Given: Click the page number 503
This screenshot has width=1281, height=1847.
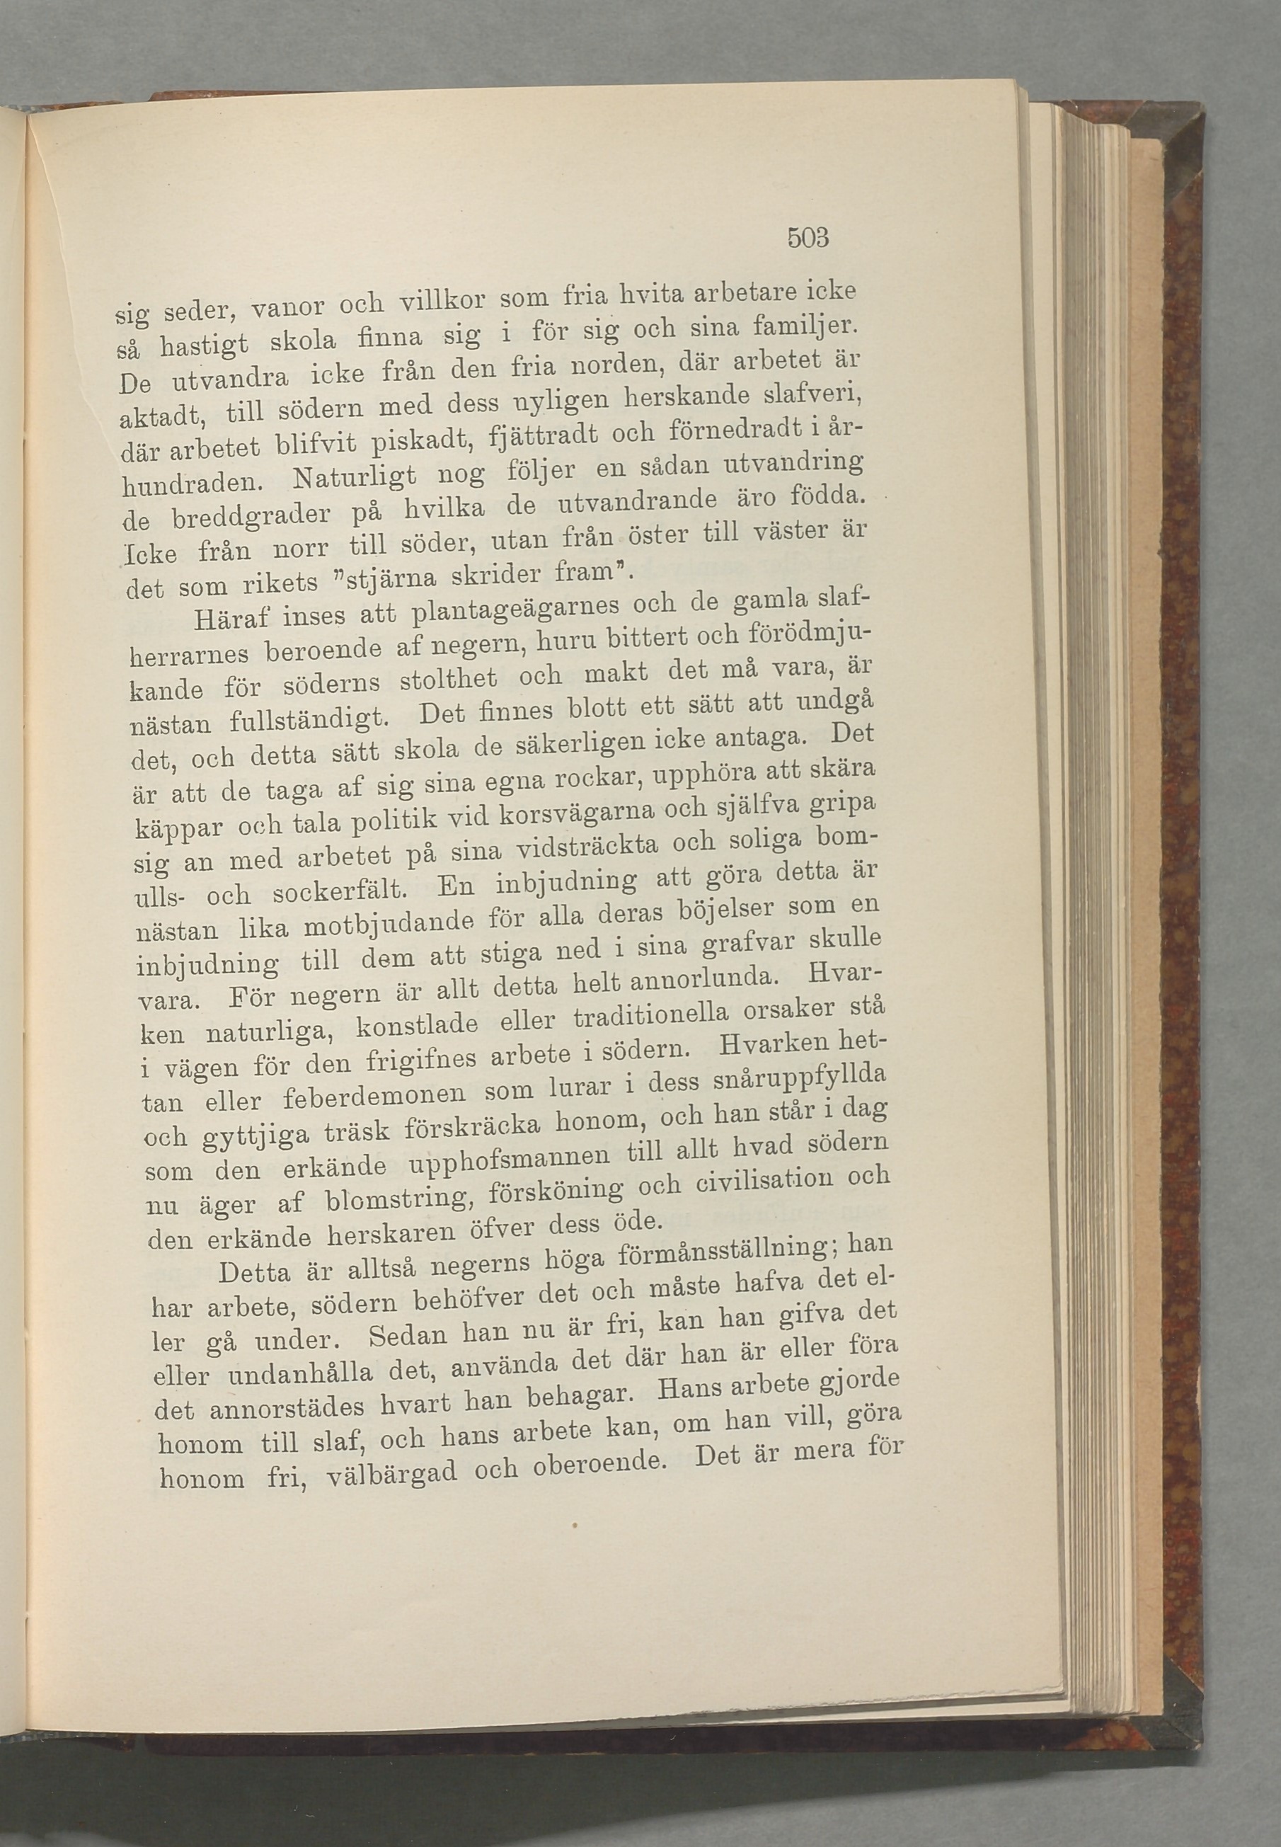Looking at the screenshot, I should point(808,239).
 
